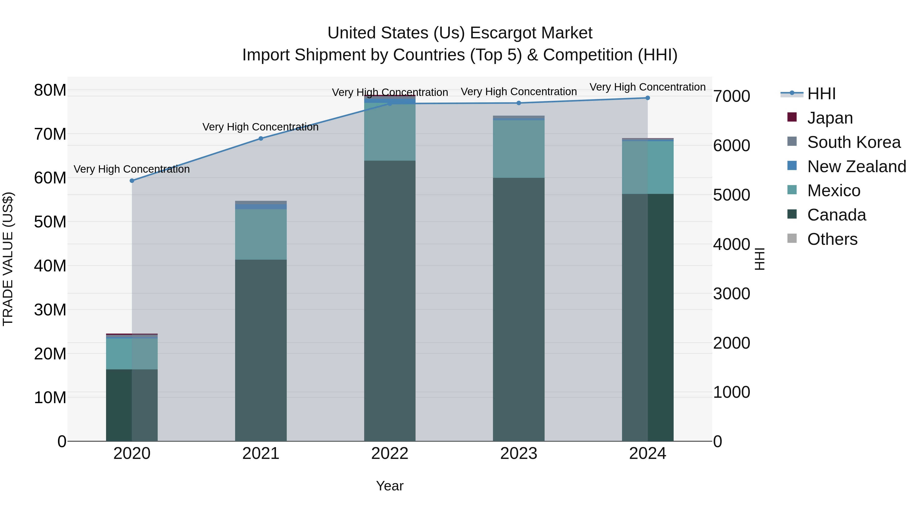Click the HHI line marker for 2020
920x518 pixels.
(132, 181)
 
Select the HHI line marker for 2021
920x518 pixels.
(261, 139)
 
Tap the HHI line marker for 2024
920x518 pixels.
(648, 98)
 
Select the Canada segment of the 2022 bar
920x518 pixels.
(390, 300)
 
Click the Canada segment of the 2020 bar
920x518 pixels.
(132, 405)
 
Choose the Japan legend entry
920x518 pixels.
(829, 118)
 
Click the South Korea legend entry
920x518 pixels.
(854, 142)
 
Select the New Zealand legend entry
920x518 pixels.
(856, 167)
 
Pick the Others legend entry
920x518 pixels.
(832, 239)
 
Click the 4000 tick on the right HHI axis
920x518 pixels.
(731, 245)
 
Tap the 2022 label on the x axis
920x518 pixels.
(390, 454)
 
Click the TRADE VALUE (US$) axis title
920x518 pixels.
(8, 259)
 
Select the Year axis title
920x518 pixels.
(390, 486)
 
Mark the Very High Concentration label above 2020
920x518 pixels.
(132, 169)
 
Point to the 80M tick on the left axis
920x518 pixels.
(50, 90)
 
